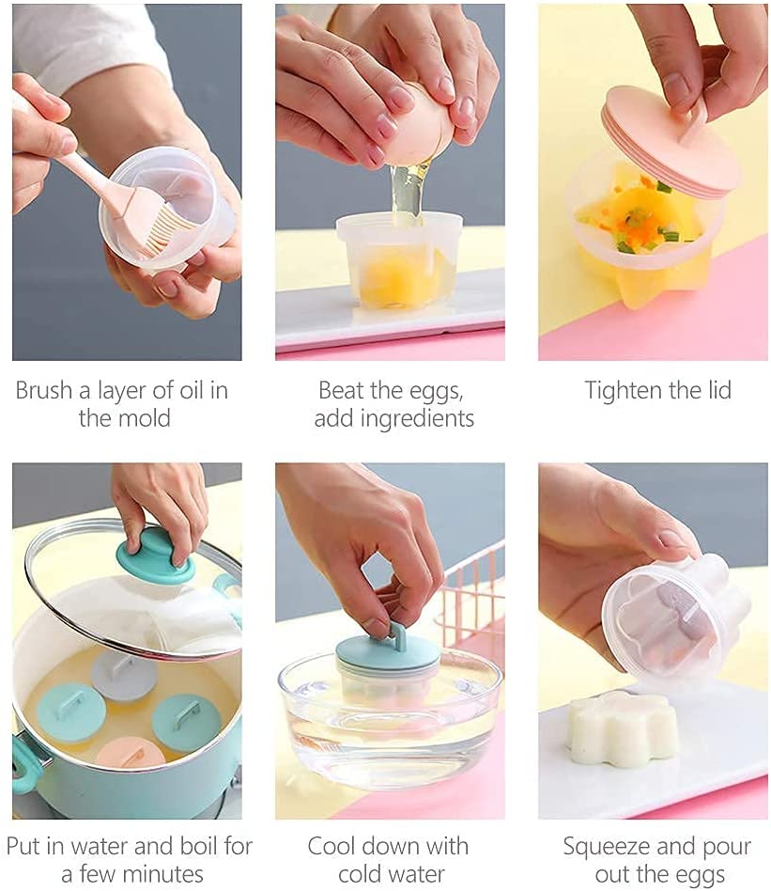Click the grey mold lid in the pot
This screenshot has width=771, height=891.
tap(124, 675)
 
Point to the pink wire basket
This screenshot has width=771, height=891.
tap(474, 591)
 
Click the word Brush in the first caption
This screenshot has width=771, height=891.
tap(44, 390)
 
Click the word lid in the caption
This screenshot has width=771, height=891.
tap(717, 390)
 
